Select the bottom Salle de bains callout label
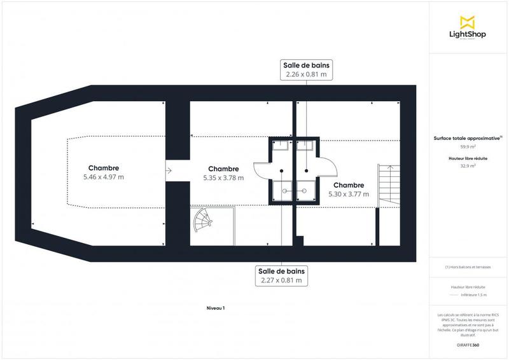click(x=281, y=275)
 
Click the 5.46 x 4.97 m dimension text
click(x=104, y=177)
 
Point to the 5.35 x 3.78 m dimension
click(x=223, y=178)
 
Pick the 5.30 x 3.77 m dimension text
click(x=348, y=194)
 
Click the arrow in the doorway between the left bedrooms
click(x=169, y=170)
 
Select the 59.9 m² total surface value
click(x=468, y=146)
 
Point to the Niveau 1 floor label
click(x=216, y=308)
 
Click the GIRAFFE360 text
click(x=468, y=344)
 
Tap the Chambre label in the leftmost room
click(x=104, y=168)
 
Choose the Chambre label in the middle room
click(x=223, y=169)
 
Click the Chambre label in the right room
click(x=348, y=184)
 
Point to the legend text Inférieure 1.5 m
click(x=475, y=295)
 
